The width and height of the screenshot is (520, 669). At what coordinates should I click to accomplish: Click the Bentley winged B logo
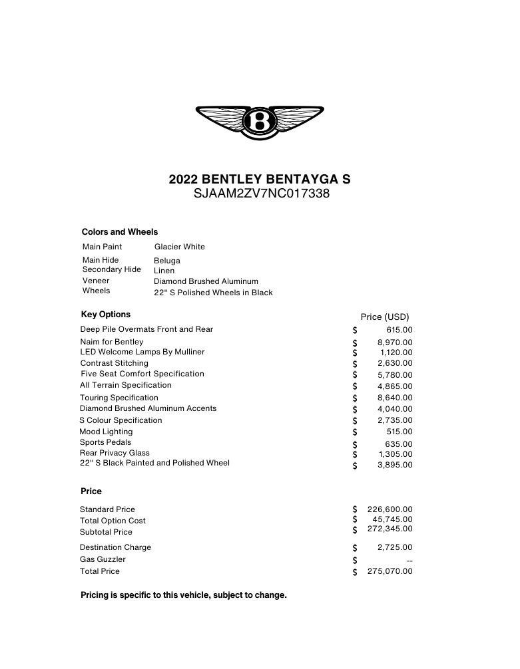point(260,122)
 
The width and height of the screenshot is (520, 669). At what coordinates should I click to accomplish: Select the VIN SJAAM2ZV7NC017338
point(261,194)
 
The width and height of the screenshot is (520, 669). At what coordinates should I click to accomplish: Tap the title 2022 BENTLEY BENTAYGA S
point(260,179)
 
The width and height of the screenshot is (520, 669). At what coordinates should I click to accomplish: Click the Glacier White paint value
point(180,247)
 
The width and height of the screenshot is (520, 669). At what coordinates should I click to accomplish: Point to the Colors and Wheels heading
point(120,232)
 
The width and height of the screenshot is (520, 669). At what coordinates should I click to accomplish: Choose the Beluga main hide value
point(167,261)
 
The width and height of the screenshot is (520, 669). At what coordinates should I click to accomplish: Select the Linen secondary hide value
point(164,271)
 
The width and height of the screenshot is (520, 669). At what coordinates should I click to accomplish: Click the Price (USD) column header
point(385,317)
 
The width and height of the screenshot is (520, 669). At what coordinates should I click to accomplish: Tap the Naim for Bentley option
point(112,342)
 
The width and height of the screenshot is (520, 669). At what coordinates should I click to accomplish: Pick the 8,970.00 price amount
point(395,342)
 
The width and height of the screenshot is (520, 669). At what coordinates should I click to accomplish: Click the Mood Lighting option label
point(107,432)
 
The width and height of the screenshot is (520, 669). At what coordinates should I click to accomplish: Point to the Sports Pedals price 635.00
point(399,444)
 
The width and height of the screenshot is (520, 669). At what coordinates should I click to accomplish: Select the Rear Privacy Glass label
point(115,453)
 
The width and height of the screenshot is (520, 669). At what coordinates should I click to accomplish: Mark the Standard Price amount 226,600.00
point(390,509)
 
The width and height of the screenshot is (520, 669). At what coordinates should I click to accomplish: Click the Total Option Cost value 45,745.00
point(392,519)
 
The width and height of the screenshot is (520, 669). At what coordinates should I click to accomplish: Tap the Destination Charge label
point(115,547)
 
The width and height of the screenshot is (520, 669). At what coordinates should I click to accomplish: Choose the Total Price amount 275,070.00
point(390,571)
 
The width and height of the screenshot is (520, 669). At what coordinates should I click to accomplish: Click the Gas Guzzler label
point(103,559)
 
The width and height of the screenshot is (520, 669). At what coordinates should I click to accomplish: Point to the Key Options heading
point(106,315)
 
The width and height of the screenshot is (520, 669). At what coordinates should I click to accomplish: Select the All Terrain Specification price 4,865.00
point(395,386)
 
